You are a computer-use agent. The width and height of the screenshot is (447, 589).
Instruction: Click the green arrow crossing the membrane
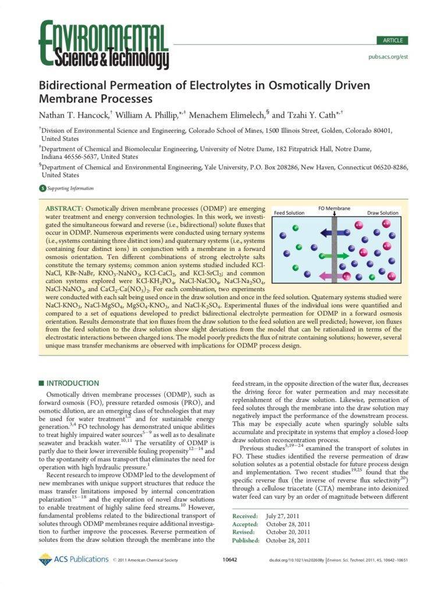tap(334, 255)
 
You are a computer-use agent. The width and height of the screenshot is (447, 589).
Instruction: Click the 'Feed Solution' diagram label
tap(289, 213)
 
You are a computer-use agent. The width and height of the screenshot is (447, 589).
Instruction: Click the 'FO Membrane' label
tap(335, 208)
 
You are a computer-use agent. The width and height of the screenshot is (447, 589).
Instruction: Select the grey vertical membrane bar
tap(335, 250)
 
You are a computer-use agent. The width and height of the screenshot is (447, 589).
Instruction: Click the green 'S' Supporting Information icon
tap(42, 188)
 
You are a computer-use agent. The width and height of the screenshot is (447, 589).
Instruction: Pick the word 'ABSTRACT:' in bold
tap(64, 208)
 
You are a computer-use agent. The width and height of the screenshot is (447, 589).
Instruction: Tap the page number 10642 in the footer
tap(230, 560)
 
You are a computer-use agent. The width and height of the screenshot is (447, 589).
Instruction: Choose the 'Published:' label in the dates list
tap(246, 540)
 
